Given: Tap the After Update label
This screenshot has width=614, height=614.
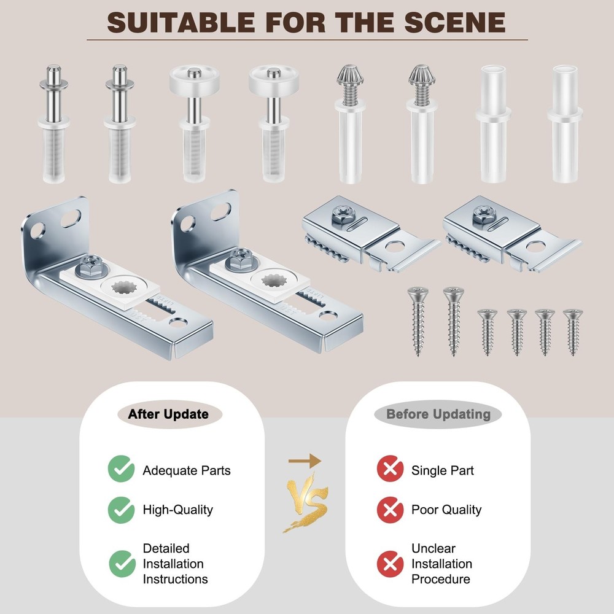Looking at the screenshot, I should [x=168, y=414].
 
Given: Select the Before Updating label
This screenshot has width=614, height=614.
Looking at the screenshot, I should [x=438, y=414].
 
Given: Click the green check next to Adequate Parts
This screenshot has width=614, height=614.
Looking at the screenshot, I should [x=121, y=470].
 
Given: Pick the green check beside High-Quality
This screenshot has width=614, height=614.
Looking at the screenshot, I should [x=121, y=510].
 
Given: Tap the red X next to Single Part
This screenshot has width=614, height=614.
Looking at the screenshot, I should [x=390, y=470].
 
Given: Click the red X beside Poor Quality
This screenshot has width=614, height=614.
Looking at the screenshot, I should [x=390, y=510].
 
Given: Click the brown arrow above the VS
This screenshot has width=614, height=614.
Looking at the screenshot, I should [x=306, y=460].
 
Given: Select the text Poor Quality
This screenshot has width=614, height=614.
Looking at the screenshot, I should [x=446, y=510].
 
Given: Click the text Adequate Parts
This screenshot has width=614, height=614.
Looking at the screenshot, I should [x=187, y=470].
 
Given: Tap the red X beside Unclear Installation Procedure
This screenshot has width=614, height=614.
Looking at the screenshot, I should [x=390, y=564].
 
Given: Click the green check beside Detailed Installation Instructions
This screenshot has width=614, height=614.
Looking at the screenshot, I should [x=121, y=564].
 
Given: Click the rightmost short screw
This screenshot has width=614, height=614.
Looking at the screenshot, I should [x=573, y=332].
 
